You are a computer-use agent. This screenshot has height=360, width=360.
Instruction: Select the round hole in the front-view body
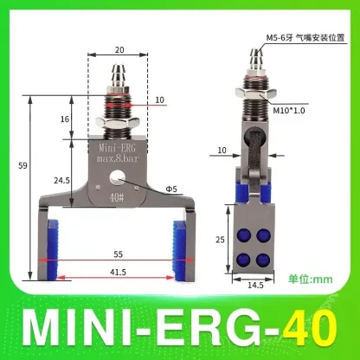(x=117, y=181)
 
